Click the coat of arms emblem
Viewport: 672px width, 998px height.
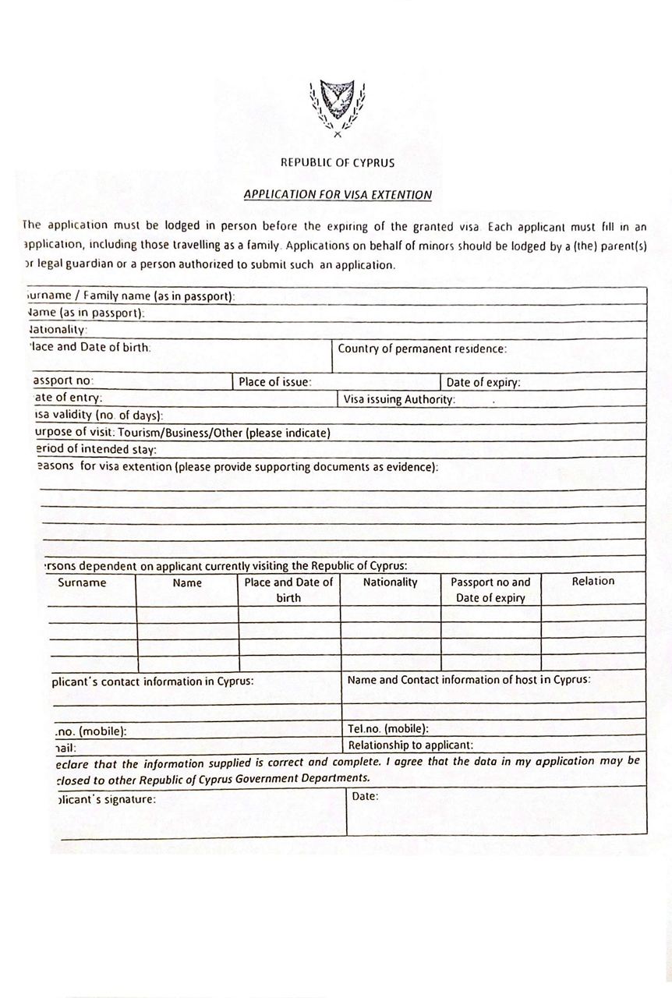338,108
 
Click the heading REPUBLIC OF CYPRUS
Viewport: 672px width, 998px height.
338,163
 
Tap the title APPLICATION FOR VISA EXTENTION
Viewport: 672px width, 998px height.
338,194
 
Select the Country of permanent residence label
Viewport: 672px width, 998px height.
422,349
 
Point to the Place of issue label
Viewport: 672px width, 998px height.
275,382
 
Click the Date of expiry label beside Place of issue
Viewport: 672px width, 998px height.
483,382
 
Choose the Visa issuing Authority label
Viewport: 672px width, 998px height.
399,399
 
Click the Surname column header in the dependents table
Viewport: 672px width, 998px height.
82,582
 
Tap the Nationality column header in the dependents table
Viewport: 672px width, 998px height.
390,582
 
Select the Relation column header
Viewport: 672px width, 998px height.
592,581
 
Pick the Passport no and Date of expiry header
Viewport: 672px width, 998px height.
490,590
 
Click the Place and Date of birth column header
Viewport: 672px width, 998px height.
288,590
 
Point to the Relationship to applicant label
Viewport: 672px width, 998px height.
410,745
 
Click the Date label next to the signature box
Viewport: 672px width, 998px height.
365,796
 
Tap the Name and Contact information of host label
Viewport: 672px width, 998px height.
469,680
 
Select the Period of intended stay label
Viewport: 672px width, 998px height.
97,450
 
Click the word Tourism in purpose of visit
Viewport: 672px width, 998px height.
141,433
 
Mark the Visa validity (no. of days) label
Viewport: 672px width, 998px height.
100,416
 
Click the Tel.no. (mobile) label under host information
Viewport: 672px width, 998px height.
388,729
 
